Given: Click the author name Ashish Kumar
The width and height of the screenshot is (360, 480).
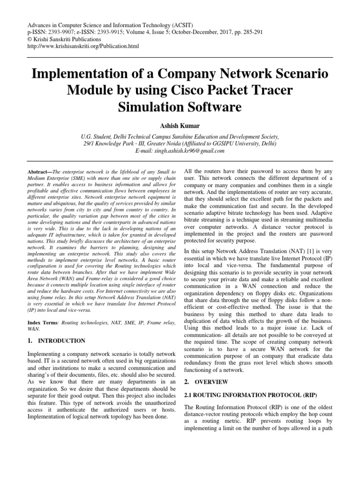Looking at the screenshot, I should coord(180,125).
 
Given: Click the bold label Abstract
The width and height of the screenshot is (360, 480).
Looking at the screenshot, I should coord(40,172).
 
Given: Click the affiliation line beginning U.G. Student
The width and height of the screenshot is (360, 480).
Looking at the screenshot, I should coord(180,137).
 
